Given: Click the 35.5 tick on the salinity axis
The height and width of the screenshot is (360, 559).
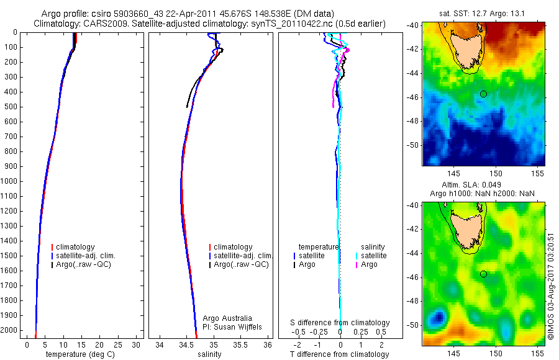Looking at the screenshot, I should coord(241,344).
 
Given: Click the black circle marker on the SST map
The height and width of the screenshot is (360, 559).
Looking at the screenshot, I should coord(483,94).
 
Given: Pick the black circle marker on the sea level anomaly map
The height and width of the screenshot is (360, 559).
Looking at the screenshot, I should coord(483,274).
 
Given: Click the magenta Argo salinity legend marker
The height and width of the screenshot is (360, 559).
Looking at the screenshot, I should coord(356,264).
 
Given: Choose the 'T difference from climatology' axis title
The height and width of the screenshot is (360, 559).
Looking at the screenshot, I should coord(339,354).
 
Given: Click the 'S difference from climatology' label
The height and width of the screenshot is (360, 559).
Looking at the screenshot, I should coord(340,323).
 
